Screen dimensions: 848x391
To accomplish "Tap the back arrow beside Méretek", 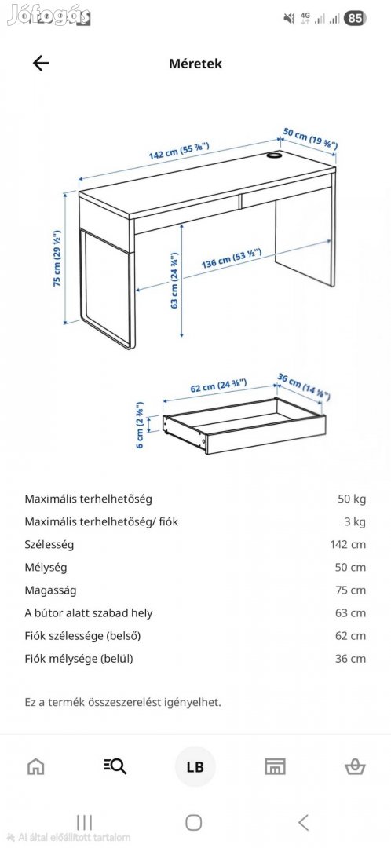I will click(x=41, y=64).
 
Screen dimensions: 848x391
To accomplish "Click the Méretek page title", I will click(x=195, y=64).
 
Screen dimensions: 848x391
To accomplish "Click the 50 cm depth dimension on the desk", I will click(x=310, y=139).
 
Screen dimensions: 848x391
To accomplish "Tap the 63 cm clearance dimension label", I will click(x=174, y=280).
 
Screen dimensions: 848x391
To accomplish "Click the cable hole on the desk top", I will click(x=274, y=155).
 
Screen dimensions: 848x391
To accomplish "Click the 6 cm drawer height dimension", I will click(x=141, y=425).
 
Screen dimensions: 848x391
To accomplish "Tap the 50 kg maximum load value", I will click(x=352, y=499).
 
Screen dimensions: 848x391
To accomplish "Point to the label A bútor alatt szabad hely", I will click(x=89, y=612).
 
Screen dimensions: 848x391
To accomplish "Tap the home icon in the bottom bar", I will click(x=36, y=766).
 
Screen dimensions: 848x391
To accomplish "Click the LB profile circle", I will click(x=195, y=767).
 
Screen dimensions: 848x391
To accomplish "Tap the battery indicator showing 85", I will click(x=355, y=17).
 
